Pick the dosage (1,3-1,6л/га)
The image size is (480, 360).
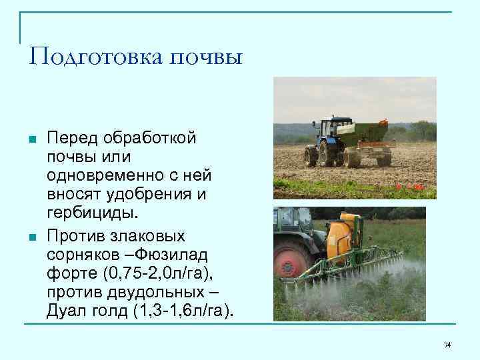point(181,311)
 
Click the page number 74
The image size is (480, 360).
point(447,345)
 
